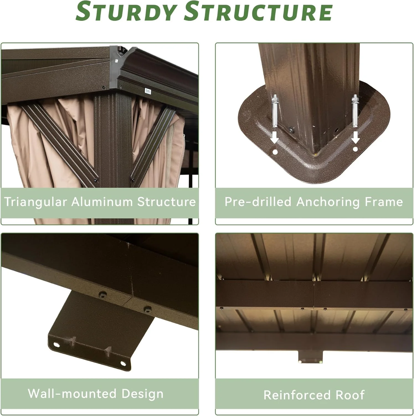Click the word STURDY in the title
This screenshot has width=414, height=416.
(126, 11)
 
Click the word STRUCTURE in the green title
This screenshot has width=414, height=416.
(258, 11)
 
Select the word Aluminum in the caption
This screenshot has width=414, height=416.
(102, 202)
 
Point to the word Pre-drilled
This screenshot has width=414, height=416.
(258, 202)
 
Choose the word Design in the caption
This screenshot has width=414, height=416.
(142, 394)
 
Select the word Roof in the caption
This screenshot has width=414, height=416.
(350, 395)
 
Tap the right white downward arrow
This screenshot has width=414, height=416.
(356, 137)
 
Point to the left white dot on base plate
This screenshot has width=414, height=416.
(275, 152)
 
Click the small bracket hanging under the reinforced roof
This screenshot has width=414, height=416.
(310, 357)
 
